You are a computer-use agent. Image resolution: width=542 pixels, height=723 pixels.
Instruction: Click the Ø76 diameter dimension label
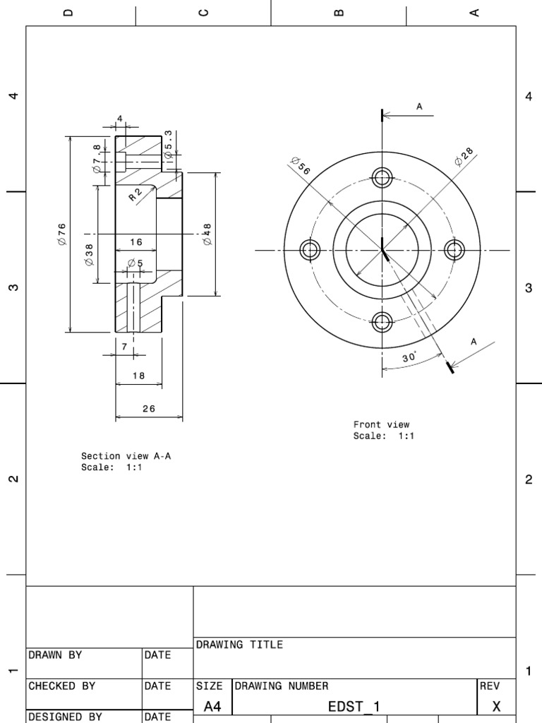click(61, 234)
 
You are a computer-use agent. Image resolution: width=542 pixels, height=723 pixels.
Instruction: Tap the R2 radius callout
click(135, 194)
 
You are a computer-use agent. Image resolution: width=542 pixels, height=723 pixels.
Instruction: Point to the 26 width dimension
click(148, 408)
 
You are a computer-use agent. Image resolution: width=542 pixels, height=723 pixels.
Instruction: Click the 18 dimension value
click(138, 376)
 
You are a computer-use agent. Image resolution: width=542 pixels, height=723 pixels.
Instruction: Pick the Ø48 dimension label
click(207, 234)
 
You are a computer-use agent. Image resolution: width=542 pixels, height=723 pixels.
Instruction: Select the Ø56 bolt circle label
click(301, 167)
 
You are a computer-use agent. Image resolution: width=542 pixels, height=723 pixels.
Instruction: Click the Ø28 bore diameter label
click(464, 157)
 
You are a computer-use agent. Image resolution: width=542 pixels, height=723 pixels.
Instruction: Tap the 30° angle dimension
click(410, 358)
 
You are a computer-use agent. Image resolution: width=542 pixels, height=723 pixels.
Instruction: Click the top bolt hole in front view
click(383, 177)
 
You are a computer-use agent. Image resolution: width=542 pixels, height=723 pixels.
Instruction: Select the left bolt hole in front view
click(310, 250)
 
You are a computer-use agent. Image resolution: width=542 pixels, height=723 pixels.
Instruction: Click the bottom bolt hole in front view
click(383, 323)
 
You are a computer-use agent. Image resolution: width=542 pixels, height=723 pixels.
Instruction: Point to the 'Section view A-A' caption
click(126, 456)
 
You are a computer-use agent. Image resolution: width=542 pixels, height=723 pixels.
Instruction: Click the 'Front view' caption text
click(381, 424)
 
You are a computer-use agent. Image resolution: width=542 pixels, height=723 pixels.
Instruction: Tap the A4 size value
click(212, 706)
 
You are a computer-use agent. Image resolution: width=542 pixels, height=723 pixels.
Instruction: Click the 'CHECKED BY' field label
click(61, 686)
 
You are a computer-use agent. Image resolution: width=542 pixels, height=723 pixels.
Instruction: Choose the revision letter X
click(496, 706)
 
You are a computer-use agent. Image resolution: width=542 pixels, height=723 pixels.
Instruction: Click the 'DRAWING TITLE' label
click(239, 645)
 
